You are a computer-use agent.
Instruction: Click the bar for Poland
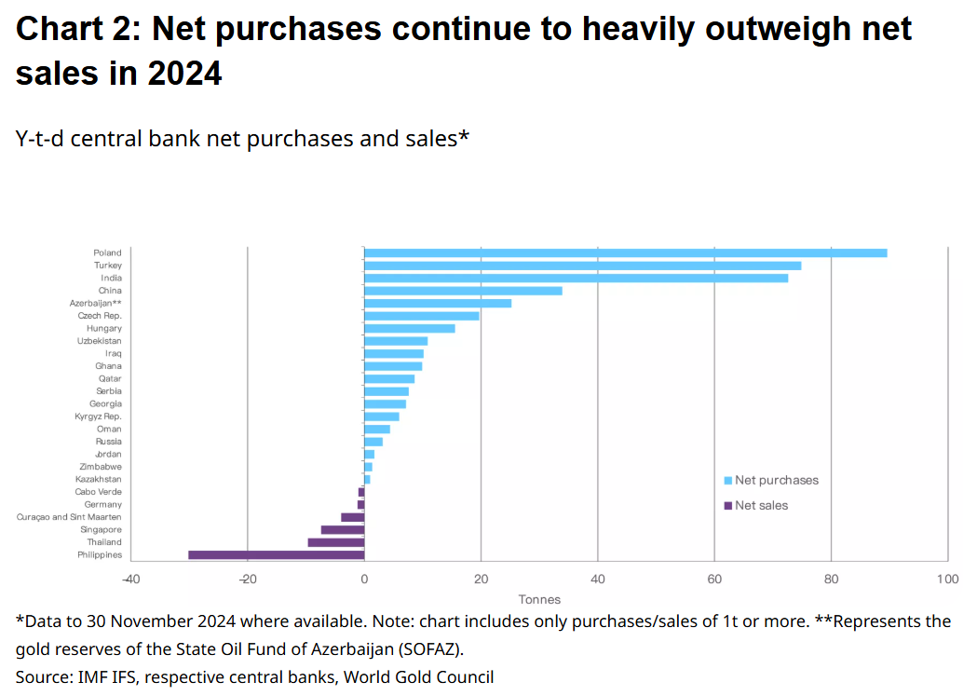pos(624,252)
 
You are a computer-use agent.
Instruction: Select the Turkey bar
pos(582,266)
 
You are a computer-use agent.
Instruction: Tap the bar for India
pos(576,278)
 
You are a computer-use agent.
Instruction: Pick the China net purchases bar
pos(463,291)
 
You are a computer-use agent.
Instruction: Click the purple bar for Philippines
pos(276,554)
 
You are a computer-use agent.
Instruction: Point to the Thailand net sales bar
pos(335,542)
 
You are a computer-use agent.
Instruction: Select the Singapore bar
pos(342,529)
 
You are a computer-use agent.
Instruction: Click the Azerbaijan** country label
pos(96,303)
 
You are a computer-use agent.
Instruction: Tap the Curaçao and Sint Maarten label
pos(69,517)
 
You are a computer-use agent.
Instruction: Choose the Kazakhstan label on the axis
pos(99,479)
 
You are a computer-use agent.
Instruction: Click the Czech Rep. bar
pos(421,316)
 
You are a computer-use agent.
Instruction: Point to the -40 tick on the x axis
pos(130,580)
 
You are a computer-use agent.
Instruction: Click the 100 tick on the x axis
pos(947,580)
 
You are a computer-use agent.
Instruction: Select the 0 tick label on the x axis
pos(364,580)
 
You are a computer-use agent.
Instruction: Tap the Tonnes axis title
pos(539,599)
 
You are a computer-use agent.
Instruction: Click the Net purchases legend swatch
pos(727,481)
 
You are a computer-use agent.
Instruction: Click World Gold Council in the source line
pos(418,677)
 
